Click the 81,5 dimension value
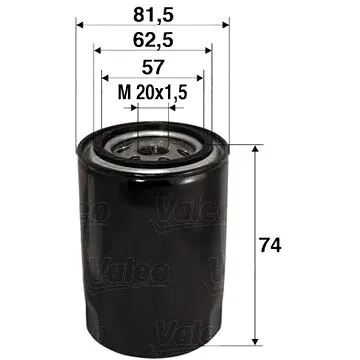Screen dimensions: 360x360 tap(152, 14)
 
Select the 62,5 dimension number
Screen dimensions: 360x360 tap(152, 41)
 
